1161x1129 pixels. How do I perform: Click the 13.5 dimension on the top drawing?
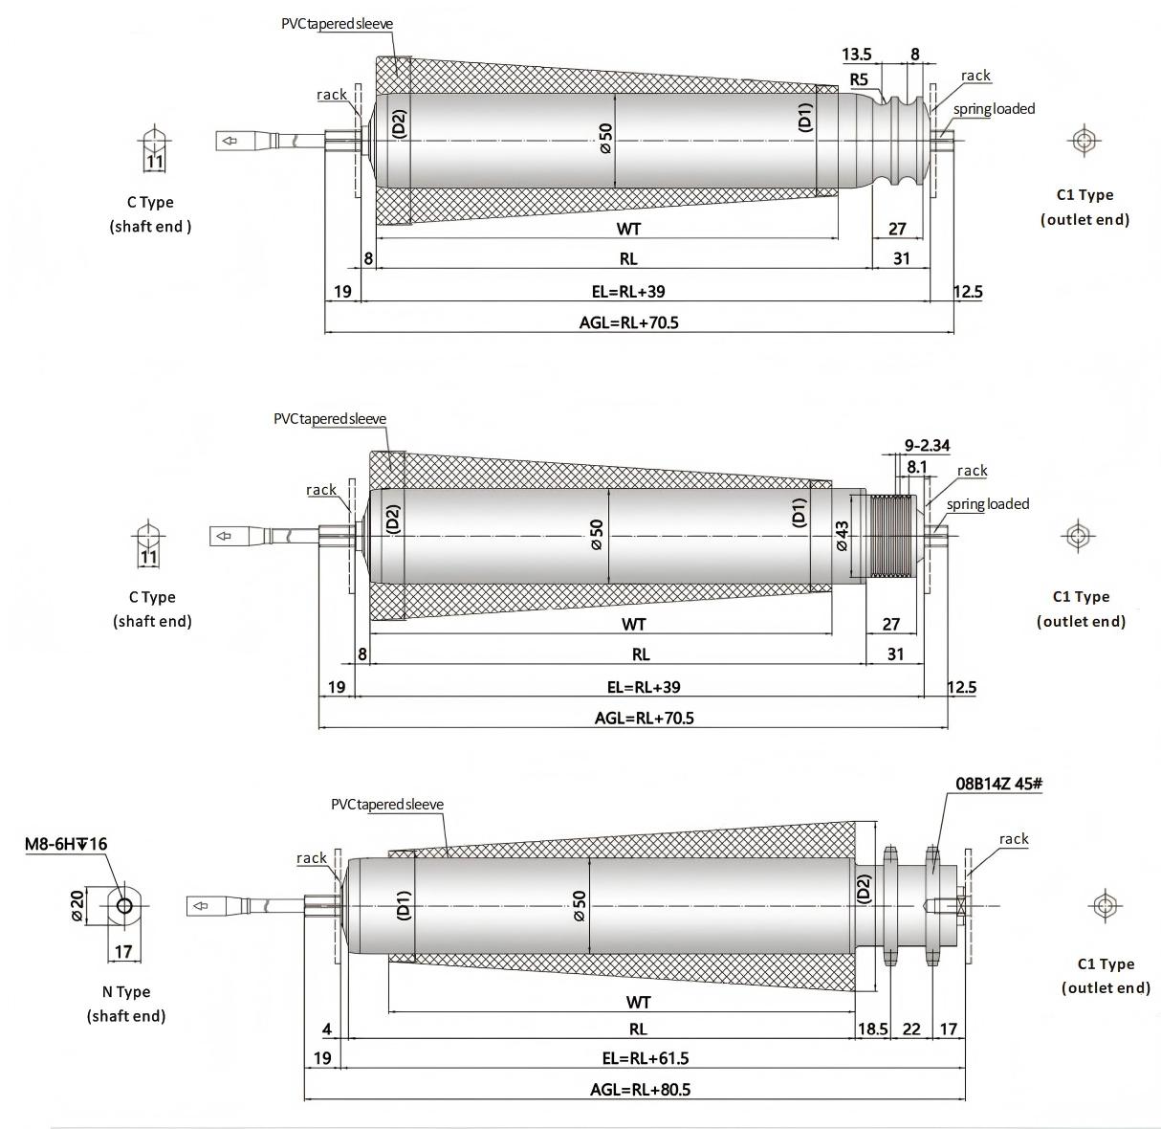click(857, 54)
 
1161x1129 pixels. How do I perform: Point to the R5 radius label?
click(859, 78)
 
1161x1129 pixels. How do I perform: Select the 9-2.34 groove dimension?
click(927, 445)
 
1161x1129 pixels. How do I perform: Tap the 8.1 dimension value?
click(916, 467)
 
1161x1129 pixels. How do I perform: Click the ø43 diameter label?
click(842, 536)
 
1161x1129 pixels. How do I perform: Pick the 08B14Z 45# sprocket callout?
click(998, 784)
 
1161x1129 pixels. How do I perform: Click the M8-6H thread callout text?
click(66, 844)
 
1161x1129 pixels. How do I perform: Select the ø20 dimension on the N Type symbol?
click(78, 904)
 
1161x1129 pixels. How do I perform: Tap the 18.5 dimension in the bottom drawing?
click(872, 1029)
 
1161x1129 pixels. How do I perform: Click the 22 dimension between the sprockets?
click(911, 1029)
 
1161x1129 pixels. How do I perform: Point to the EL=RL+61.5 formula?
click(638, 1058)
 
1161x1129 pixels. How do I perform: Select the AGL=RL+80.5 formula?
click(640, 1089)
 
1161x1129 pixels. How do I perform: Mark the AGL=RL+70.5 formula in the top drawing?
click(628, 322)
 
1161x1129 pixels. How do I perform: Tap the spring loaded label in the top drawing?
click(994, 109)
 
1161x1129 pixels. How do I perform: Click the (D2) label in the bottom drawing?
click(865, 889)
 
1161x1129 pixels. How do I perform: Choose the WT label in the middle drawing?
click(633, 625)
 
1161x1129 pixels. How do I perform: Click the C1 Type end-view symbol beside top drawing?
click(1084, 141)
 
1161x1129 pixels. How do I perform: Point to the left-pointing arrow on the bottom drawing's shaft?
click(201, 905)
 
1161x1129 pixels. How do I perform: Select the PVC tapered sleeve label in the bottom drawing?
click(387, 805)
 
